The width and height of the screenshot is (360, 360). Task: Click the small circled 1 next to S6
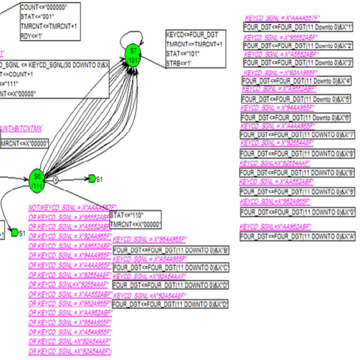[x=54, y=178]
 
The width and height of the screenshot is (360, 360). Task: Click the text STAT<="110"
[x=127, y=215]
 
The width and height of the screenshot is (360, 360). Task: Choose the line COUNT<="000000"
[x=44, y=7]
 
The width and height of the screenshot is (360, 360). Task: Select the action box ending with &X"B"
[x=171, y=249]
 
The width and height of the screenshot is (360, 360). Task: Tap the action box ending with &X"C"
[x=171, y=267]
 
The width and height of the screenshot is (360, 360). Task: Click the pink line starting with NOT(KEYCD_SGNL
[x=72, y=208]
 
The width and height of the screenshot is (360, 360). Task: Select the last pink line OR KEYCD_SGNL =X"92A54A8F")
[x=70, y=351]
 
